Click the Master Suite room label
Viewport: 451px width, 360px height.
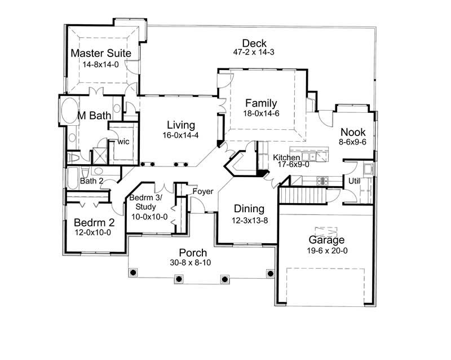pos(101,53)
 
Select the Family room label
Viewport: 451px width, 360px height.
pos(260,103)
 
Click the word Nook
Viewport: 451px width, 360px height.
pos(353,132)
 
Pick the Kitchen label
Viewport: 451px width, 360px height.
pos(286,157)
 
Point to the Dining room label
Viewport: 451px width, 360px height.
pos(250,209)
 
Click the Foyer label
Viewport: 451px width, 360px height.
pos(203,192)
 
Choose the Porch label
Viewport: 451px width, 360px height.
pos(193,253)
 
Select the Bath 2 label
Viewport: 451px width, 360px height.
pos(91,181)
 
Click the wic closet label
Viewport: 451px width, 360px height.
pos(124,142)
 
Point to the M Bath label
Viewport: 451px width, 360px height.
pos(94,116)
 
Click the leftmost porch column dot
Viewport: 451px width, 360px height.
pos(134,273)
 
